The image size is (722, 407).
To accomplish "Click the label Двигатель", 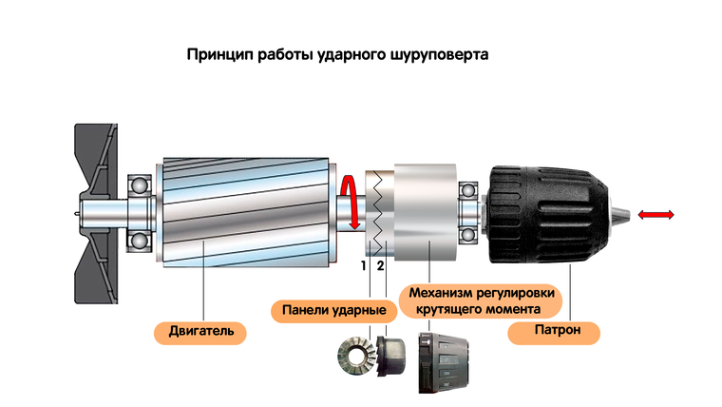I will point(200,332).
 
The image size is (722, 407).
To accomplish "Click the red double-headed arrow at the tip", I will point(656,216).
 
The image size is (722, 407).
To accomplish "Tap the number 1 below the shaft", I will point(363,265).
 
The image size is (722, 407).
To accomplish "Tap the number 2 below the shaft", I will point(380,265).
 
